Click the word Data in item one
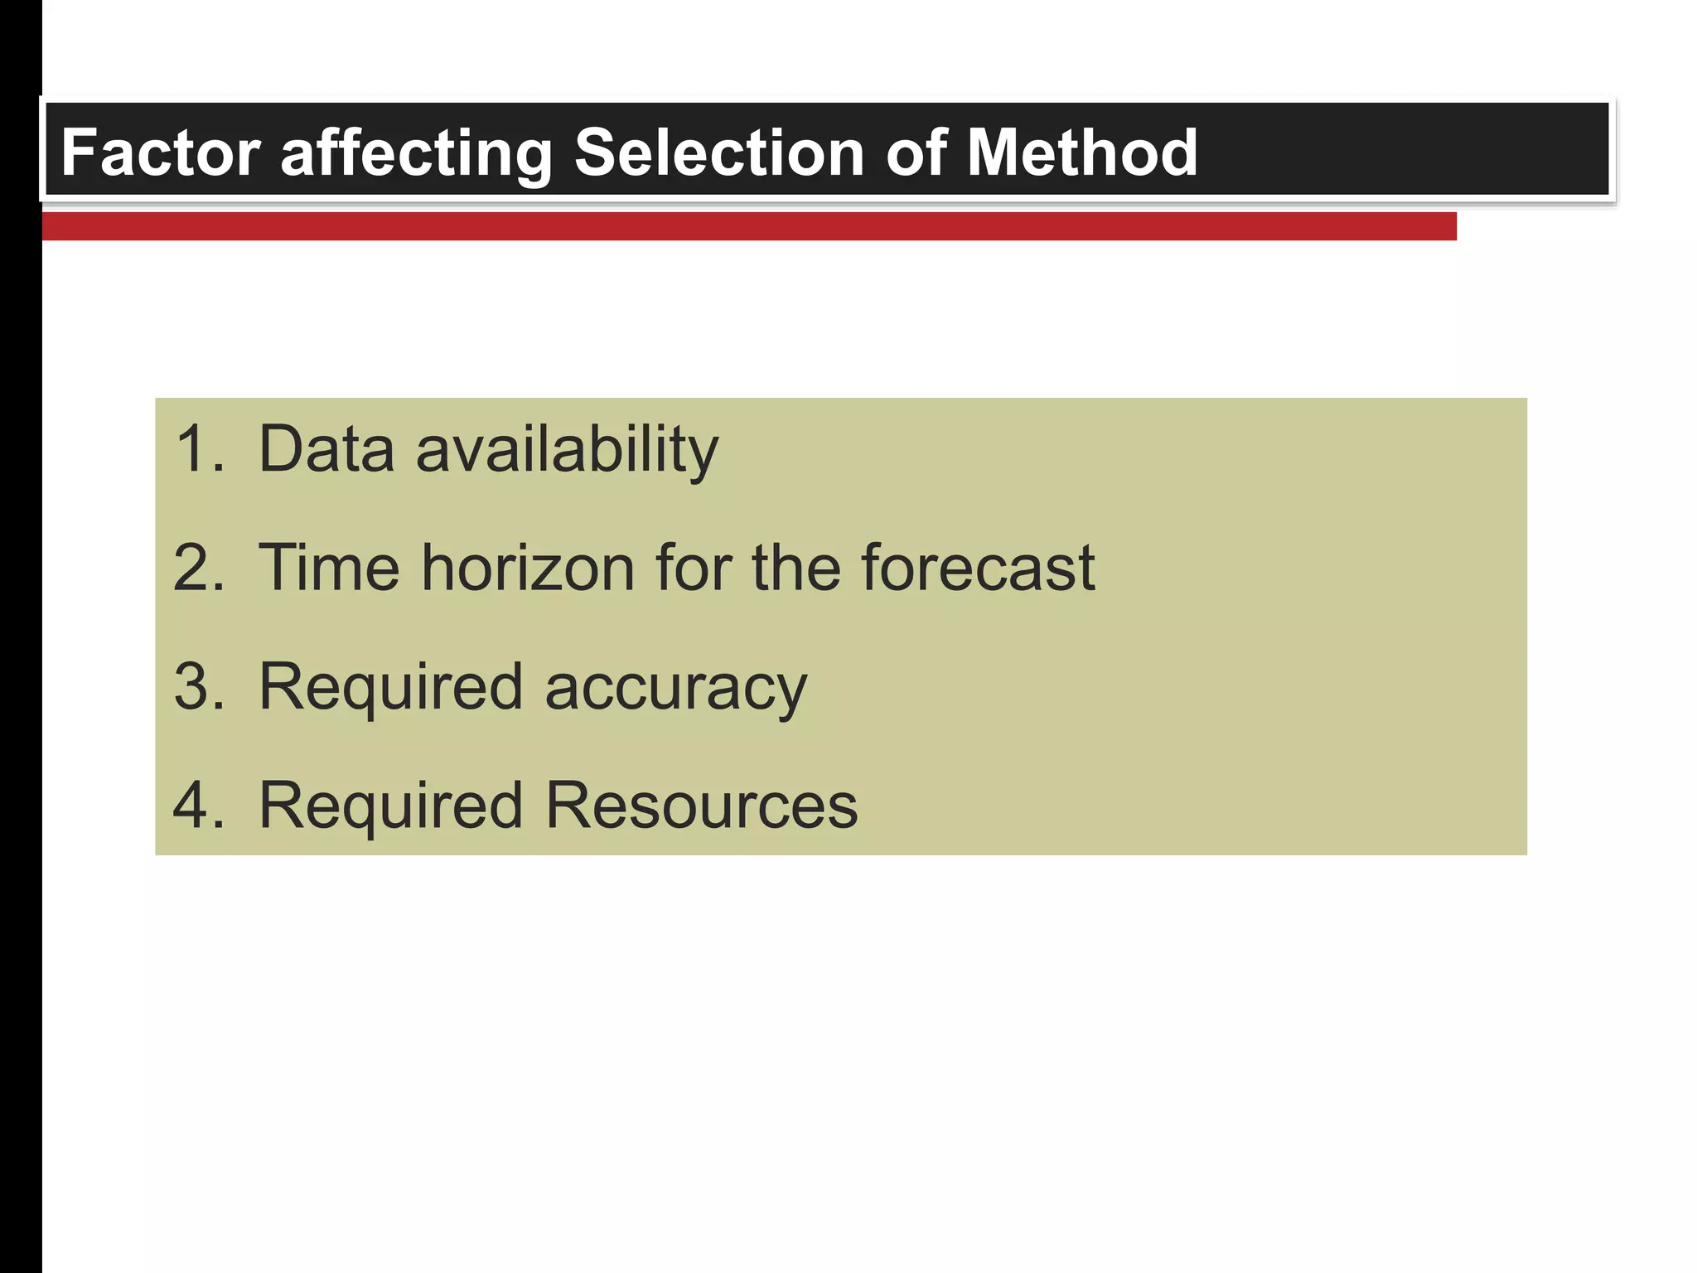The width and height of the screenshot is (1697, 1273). click(326, 449)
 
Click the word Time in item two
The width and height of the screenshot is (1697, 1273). click(329, 568)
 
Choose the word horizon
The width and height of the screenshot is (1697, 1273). click(528, 568)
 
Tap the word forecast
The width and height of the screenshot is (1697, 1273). click(978, 568)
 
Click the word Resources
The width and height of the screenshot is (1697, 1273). click(701, 806)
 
